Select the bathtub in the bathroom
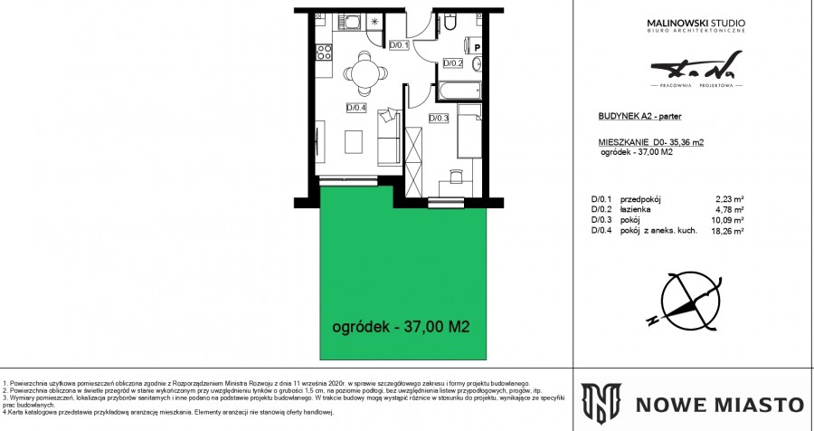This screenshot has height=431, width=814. tap(461, 91)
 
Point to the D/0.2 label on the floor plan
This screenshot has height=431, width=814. tap(452, 63)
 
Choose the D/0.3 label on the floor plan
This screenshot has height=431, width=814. tap(439, 118)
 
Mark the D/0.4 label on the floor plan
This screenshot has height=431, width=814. tap(356, 108)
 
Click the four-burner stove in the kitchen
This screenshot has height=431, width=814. tap(322, 53)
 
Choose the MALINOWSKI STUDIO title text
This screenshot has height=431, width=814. tap(696, 22)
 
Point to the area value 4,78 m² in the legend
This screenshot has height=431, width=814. tap(729, 209)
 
